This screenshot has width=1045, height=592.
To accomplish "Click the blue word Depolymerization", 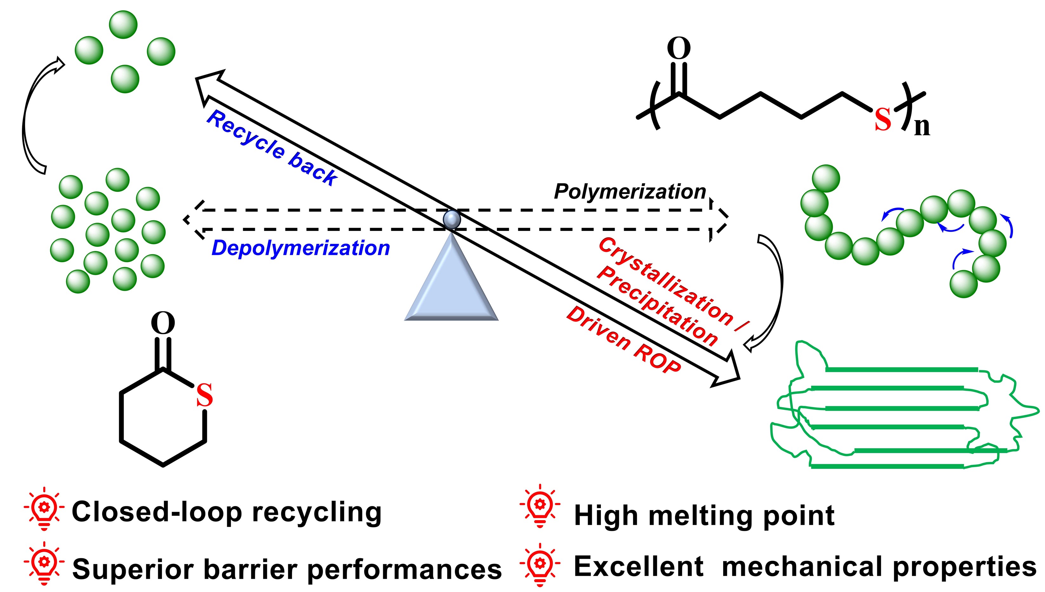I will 300,248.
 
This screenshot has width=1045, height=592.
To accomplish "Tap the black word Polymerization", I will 629,192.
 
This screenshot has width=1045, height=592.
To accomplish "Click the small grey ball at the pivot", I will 452,219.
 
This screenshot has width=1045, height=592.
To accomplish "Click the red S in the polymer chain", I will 882,120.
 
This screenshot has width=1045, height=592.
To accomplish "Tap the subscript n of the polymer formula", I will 922,127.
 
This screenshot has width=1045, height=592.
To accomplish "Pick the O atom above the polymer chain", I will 678,49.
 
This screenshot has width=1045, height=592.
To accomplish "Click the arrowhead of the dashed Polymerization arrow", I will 719,219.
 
